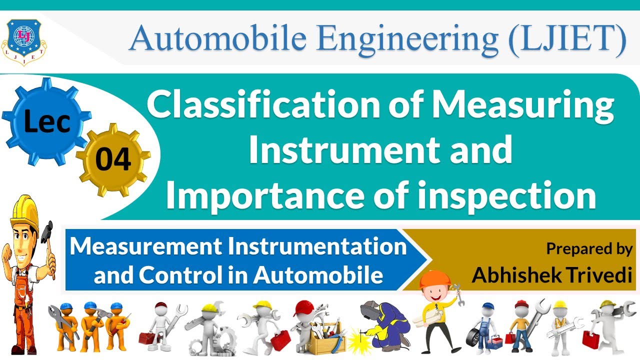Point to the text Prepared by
pos(589,248)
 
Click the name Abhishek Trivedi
pos(552,274)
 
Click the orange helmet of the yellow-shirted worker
pos(430,280)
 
